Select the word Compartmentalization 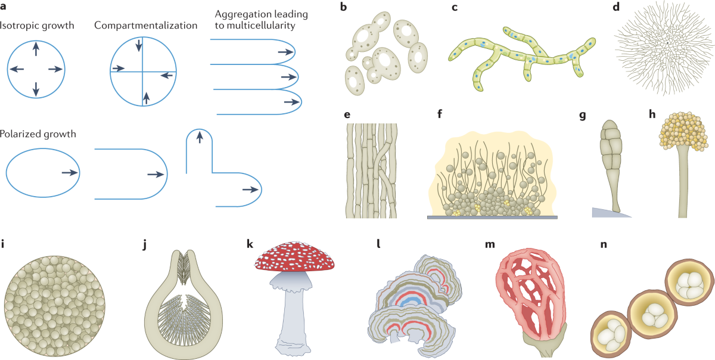point(145,26)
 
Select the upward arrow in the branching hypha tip point(200,138)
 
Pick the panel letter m point(489,244)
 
